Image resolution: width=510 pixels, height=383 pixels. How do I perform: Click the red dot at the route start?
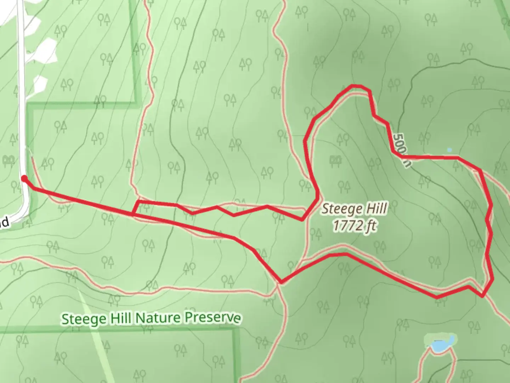[x=24, y=178]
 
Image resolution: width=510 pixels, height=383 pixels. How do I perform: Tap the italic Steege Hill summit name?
[x=354, y=209]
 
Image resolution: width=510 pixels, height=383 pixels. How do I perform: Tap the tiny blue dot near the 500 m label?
[x=449, y=150]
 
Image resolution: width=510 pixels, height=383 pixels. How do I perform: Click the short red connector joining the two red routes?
[x=135, y=208]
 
